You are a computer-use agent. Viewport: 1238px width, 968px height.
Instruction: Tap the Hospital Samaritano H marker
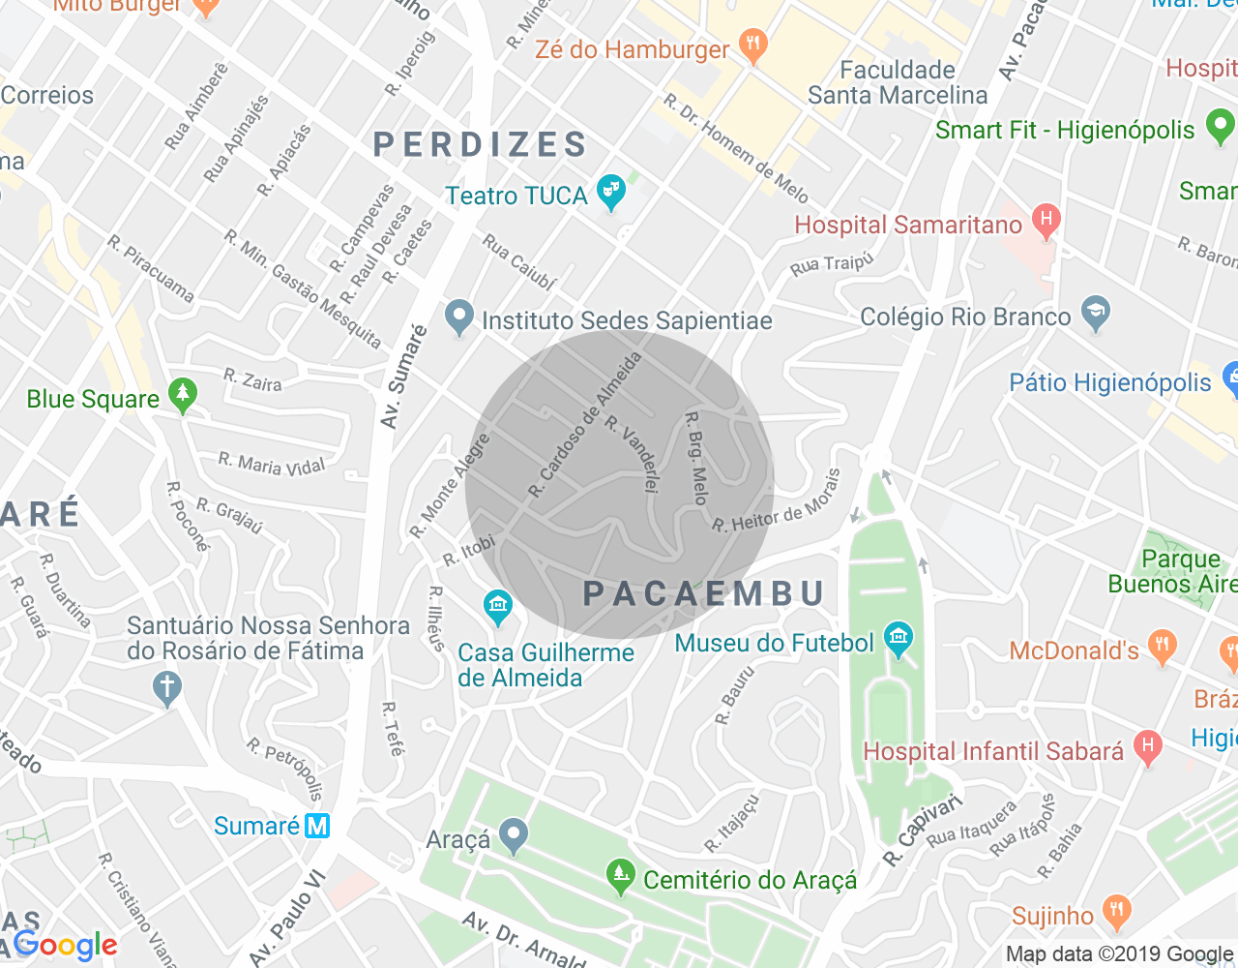(x=1046, y=221)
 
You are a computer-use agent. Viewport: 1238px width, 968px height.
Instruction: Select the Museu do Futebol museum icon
(x=899, y=639)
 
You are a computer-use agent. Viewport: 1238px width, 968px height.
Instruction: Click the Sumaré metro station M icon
(x=317, y=826)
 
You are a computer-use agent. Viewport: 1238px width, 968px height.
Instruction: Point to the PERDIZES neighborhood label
(x=481, y=145)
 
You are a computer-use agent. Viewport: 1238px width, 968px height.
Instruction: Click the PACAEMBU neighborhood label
(x=705, y=593)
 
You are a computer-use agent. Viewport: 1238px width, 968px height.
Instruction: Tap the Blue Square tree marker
(x=182, y=395)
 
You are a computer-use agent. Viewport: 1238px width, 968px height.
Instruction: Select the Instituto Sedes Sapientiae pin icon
(x=459, y=318)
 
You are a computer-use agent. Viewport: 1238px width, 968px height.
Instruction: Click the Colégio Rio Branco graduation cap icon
(x=1096, y=314)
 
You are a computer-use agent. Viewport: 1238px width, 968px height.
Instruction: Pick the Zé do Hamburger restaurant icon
(x=752, y=45)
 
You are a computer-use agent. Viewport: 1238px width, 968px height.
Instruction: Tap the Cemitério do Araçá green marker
(x=620, y=876)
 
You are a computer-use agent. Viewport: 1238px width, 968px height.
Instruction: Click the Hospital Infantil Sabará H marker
(x=1147, y=746)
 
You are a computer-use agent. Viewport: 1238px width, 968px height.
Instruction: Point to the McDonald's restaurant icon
(x=1162, y=646)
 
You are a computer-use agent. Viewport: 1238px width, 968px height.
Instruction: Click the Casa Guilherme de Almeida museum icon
(x=498, y=607)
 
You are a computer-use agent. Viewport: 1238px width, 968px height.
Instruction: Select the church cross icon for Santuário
(x=166, y=688)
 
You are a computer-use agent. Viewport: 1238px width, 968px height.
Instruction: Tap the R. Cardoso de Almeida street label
(x=585, y=426)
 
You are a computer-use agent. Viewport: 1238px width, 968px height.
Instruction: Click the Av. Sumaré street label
(x=403, y=378)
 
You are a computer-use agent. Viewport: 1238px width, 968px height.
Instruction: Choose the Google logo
(x=66, y=946)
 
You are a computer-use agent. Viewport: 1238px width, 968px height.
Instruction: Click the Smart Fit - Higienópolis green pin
(x=1221, y=127)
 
